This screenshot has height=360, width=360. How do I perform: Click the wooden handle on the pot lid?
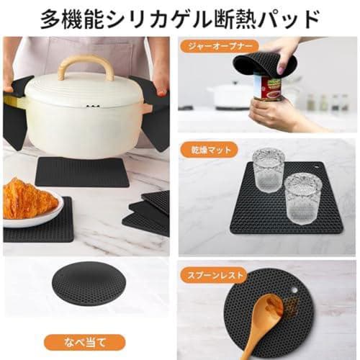(86, 64)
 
